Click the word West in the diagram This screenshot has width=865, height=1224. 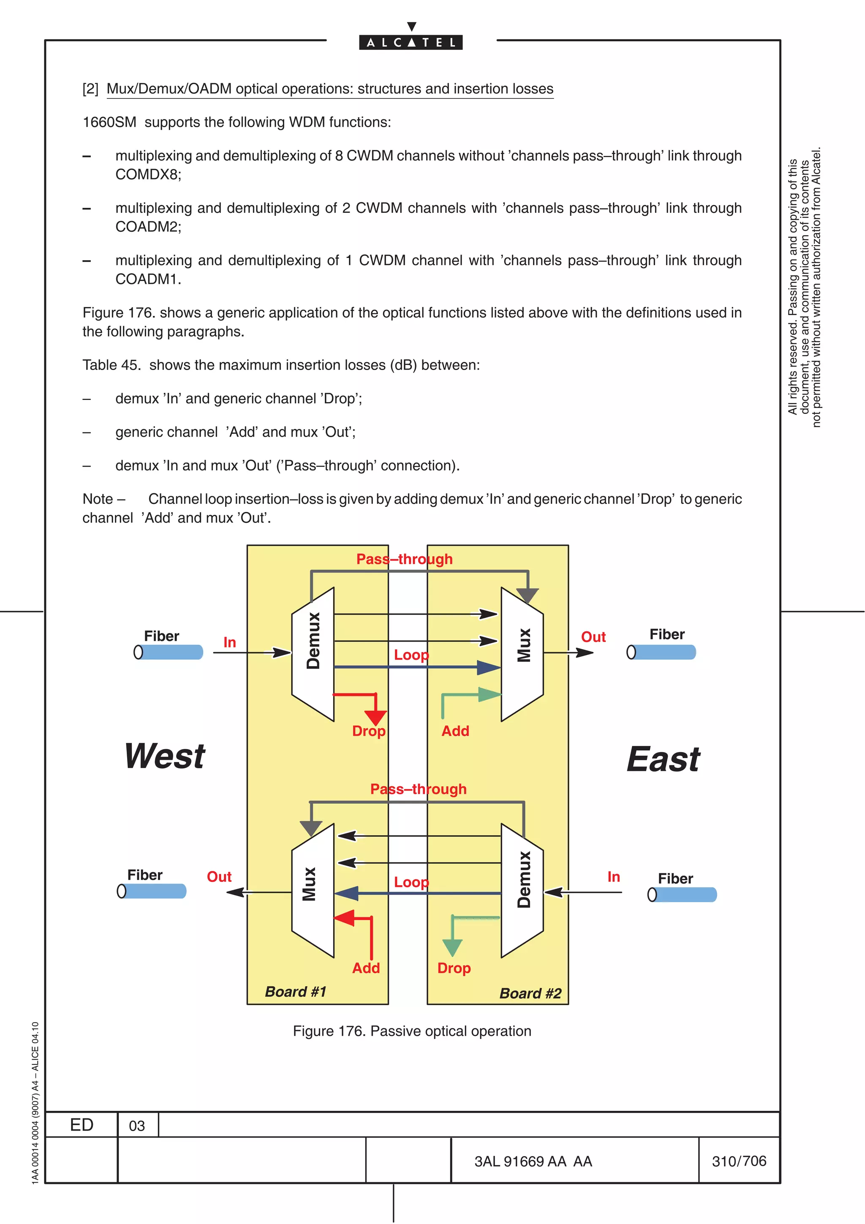[x=165, y=756]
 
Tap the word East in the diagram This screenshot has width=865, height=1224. [x=663, y=759]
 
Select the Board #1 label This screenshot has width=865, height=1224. [x=295, y=992]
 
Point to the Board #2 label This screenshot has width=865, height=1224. [x=530, y=993]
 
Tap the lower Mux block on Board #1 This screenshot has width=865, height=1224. [x=313, y=891]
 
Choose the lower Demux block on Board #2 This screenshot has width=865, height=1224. [x=523, y=891]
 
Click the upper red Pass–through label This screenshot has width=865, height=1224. [x=405, y=559]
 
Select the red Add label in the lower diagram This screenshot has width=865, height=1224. [x=366, y=968]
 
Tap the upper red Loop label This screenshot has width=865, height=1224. [x=411, y=655]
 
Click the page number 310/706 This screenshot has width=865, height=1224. [x=739, y=1161]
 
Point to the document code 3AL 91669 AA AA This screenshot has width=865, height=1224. [x=533, y=1161]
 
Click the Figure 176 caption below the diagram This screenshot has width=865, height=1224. [x=412, y=1031]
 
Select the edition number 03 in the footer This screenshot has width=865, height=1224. [x=137, y=1125]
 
